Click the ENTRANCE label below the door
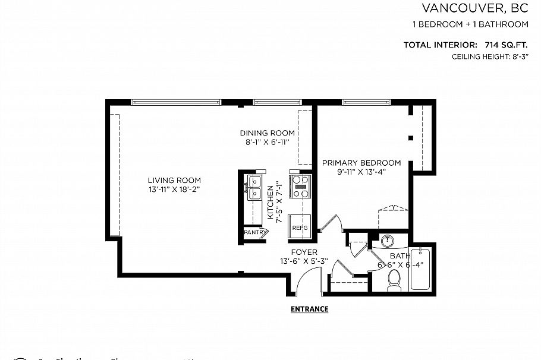[x=309, y=309]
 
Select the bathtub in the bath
[x=420, y=268]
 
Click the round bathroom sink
[x=386, y=241]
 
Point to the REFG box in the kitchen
[x=299, y=227]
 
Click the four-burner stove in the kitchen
[x=300, y=186]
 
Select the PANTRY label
[x=254, y=233]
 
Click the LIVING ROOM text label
[x=174, y=181]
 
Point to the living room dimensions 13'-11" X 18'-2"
[x=174, y=190]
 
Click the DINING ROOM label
[x=268, y=133]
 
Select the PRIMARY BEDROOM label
[x=361, y=163]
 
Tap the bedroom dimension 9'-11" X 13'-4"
[x=361, y=172]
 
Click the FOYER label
[x=304, y=252]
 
